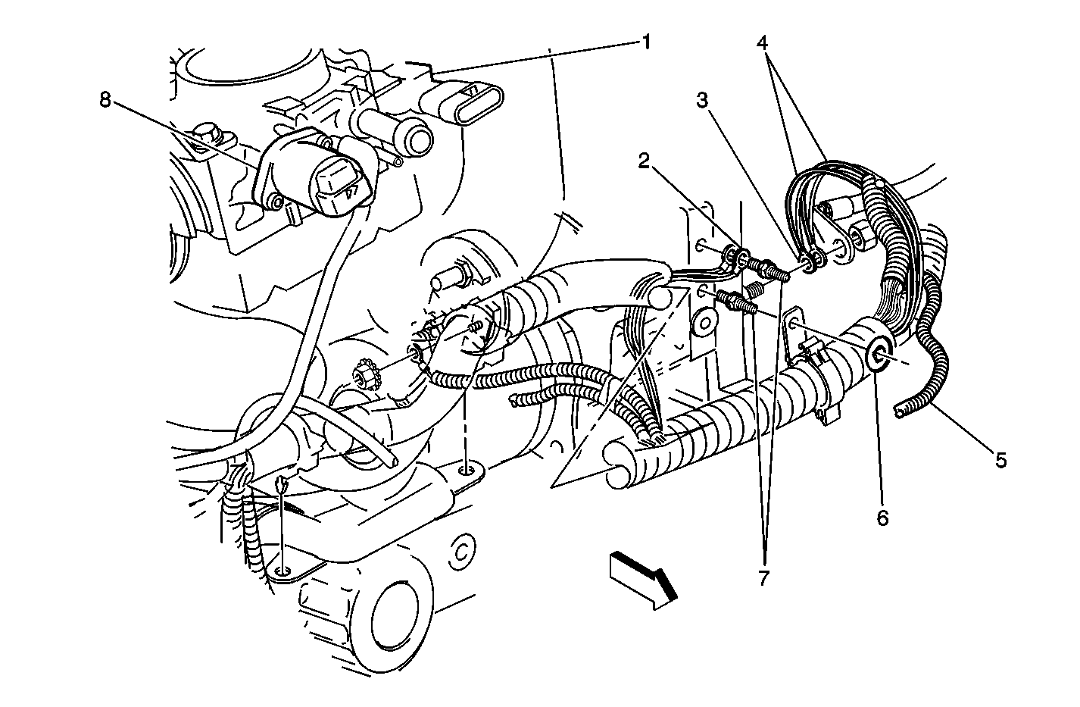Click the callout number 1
(x=647, y=42)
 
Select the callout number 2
(x=645, y=161)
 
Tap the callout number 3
(x=703, y=100)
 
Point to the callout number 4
(x=762, y=43)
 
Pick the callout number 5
(x=1001, y=460)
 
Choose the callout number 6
(x=882, y=518)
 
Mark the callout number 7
(x=763, y=577)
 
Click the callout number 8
(x=105, y=100)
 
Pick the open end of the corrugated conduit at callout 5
(x=900, y=411)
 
